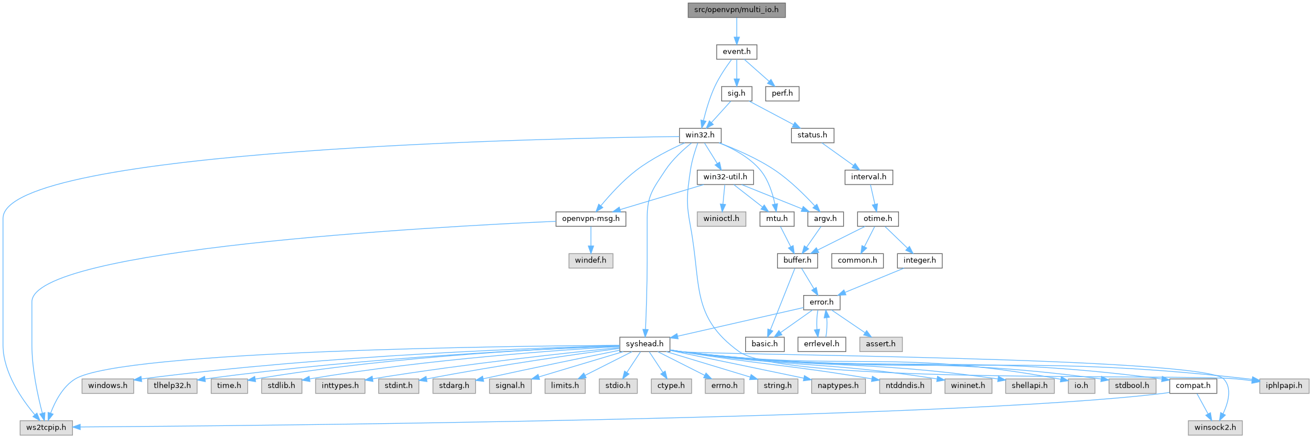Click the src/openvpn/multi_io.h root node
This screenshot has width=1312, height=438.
pos(736,10)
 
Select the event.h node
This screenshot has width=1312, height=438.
pos(736,51)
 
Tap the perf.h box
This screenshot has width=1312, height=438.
pos(782,93)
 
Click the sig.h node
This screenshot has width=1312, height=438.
pos(736,93)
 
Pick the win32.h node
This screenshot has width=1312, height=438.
pos(700,136)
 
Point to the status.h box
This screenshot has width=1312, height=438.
pos(812,136)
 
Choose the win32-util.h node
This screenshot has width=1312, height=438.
pos(725,177)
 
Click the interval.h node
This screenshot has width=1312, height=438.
pos(868,177)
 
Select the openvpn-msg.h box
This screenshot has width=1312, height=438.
pos(590,219)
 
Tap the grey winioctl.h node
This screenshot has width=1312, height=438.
pos(721,219)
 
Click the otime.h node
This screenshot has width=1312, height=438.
pos(877,219)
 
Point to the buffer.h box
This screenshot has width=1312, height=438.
pos(797,260)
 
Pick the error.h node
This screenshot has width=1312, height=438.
pos(821,302)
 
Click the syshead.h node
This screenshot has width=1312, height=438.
pos(644,344)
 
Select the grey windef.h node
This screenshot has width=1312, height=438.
pos(590,260)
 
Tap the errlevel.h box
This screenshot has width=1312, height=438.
pos(821,344)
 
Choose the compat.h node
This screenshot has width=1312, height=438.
pos(1193,386)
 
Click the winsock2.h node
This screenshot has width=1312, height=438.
pos(1215,427)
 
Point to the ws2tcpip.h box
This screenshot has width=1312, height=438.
pos(46,427)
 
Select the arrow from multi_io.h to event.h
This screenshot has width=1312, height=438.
pos(736,30)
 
